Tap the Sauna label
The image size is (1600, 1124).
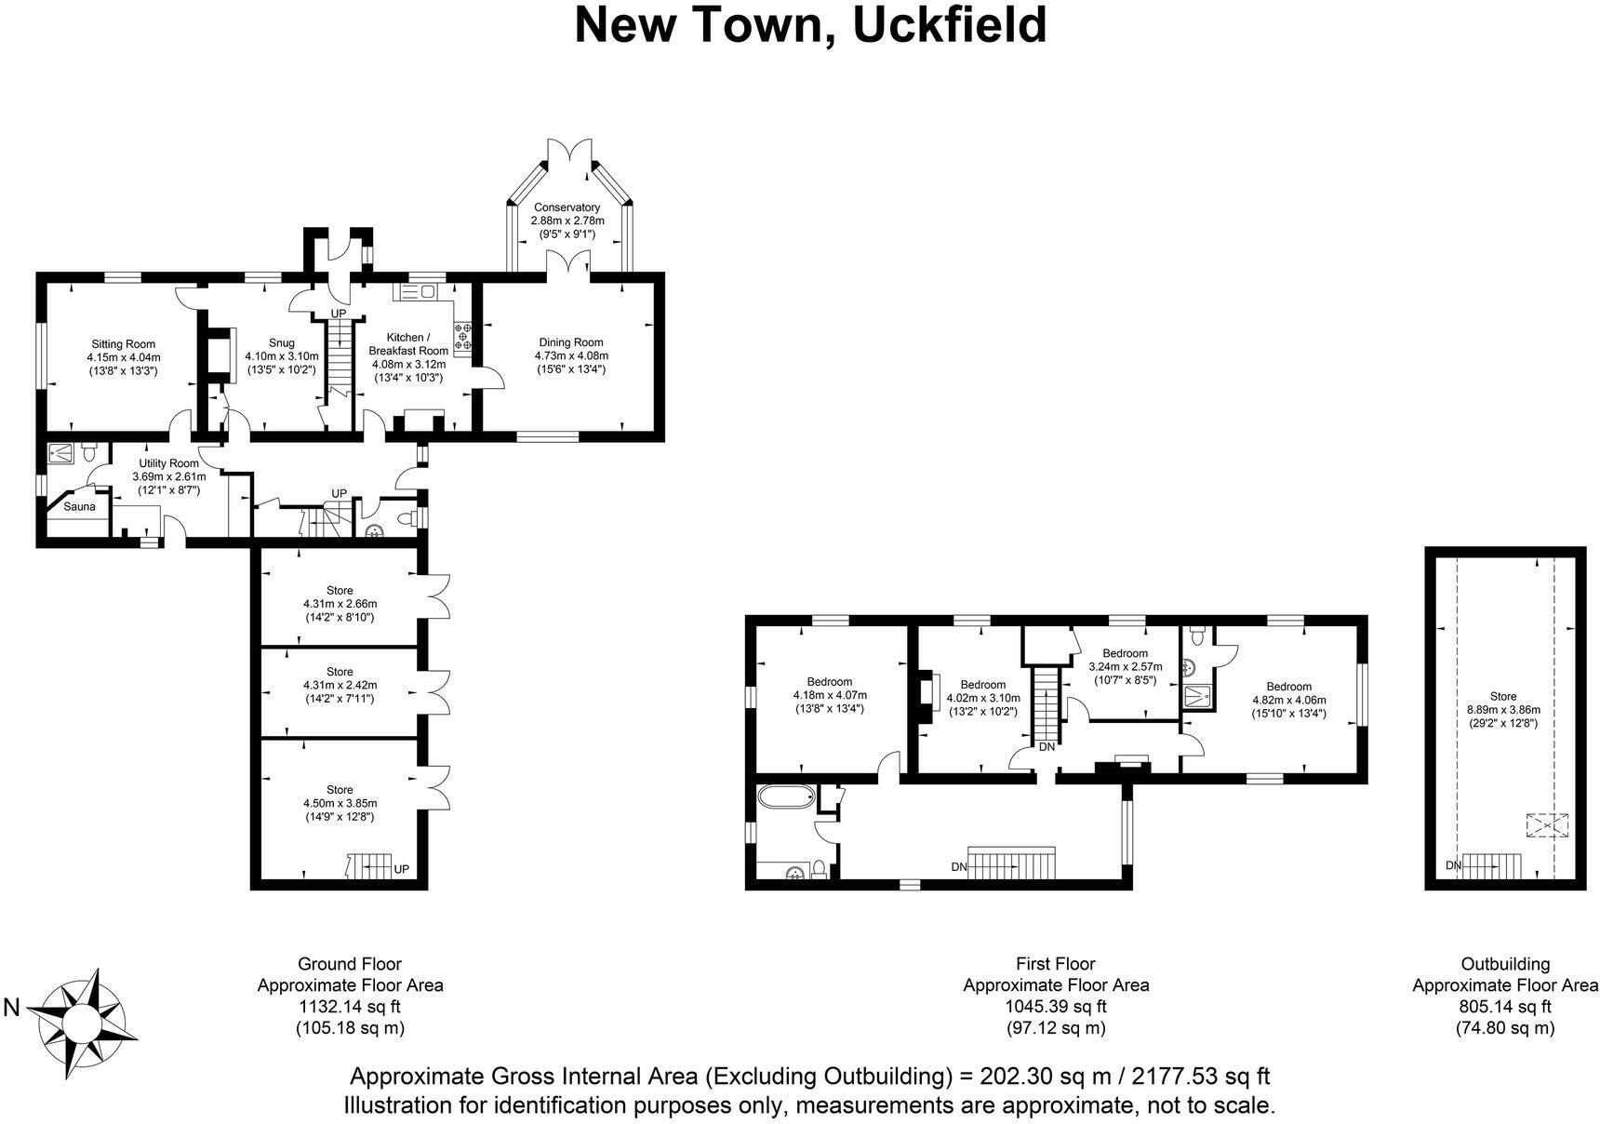coord(79,506)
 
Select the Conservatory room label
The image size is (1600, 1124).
coord(567,207)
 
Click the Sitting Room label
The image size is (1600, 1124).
coord(123,344)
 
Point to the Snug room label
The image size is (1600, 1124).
coord(281,343)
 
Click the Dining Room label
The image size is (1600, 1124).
coord(569,342)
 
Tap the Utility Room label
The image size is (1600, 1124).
coord(168,463)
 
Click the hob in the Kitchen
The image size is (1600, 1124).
coord(462,336)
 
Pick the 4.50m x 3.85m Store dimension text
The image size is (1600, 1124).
coord(340,803)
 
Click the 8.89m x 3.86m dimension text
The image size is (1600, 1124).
coord(1502,709)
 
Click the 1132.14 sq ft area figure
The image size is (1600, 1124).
coord(350,1006)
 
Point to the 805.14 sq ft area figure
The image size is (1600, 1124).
coord(1504,1006)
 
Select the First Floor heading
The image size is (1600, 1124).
coord(1056,964)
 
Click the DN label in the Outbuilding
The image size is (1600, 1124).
coord(1454,865)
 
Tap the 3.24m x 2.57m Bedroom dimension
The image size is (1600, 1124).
coord(1126,666)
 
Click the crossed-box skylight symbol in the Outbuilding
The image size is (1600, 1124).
coord(1546,825)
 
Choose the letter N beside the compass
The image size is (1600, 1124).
coord(13,1007)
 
